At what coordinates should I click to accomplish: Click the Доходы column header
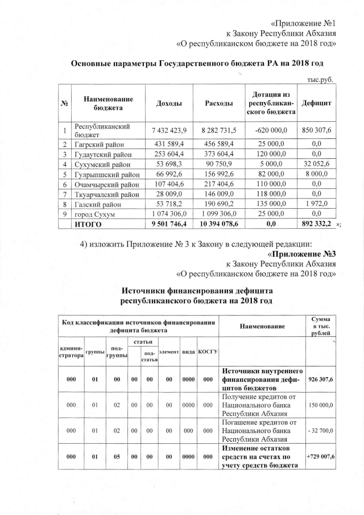coord(169,103)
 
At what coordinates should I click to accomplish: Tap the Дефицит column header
coord(317,103)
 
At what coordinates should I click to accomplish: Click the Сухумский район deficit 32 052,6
coord(317,164)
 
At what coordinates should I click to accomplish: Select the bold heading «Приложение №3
coord(302,253)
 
